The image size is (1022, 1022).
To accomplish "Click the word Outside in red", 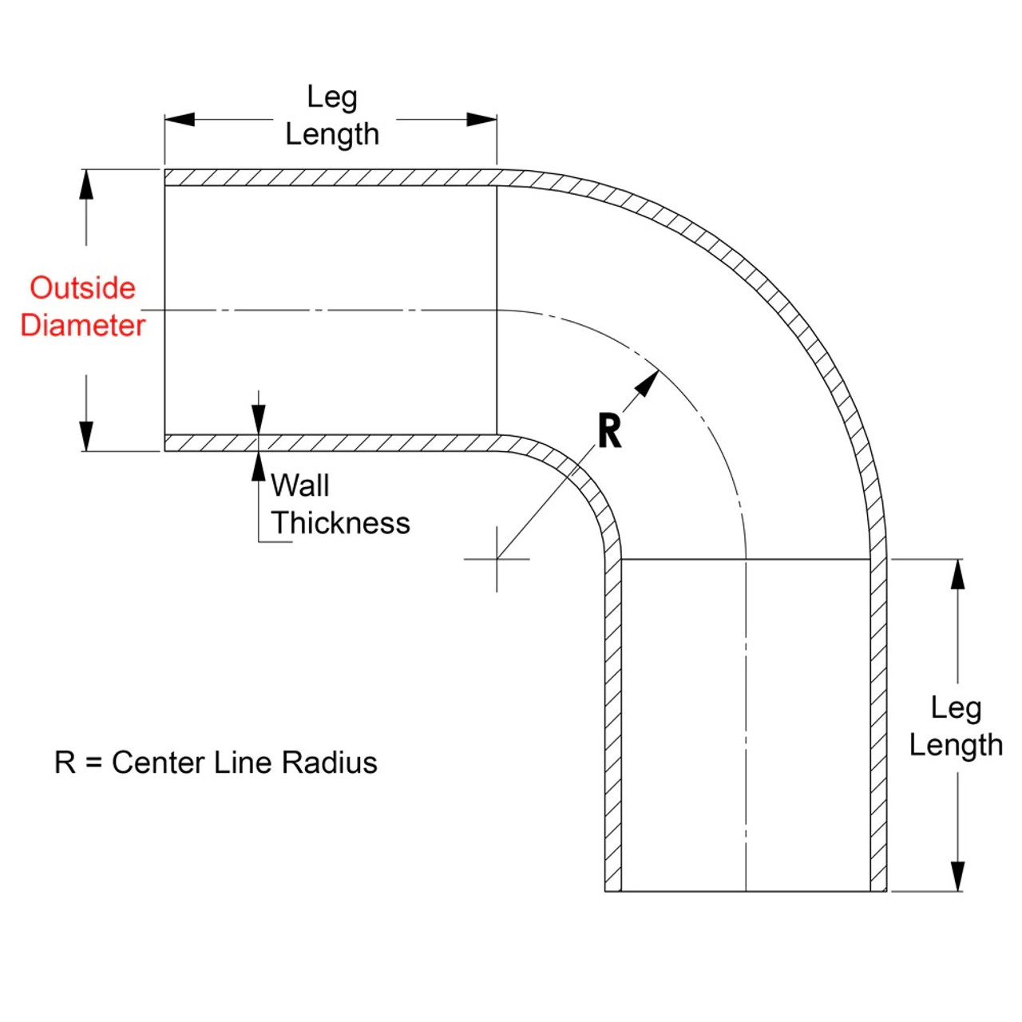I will (82, 287).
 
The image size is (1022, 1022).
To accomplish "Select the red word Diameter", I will (82, 325).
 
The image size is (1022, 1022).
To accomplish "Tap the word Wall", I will (299, 485).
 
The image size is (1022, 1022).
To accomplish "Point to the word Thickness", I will (340, 523).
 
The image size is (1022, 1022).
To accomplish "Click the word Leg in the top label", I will (331, 97).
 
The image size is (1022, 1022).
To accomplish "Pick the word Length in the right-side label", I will (956, 745).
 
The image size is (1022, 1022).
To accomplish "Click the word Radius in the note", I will (329, 763).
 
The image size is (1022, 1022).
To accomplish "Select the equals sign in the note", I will (93, 763).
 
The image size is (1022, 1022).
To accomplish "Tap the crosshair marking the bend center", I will (497, 559).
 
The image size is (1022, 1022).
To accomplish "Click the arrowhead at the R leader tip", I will (648, 382).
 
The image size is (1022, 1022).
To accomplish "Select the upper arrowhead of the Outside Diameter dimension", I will (86, 184).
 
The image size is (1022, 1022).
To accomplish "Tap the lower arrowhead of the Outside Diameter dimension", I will (86, 436).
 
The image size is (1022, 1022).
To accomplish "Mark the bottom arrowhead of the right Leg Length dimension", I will (957, 876).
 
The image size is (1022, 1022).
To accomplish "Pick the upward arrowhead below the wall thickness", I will (258, 466).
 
